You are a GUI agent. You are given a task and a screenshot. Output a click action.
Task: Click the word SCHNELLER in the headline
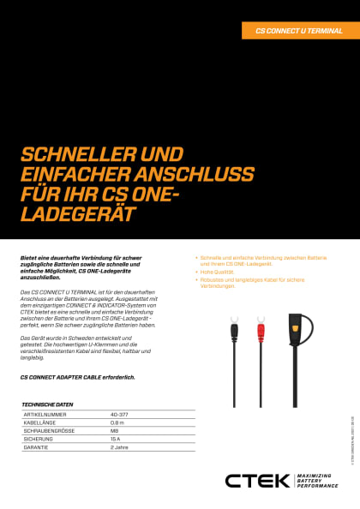(x=75, y=154)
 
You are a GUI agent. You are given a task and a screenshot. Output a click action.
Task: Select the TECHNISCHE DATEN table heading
(x=47, y=404)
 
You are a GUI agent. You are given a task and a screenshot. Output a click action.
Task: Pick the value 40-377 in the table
(x=119, y=413)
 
